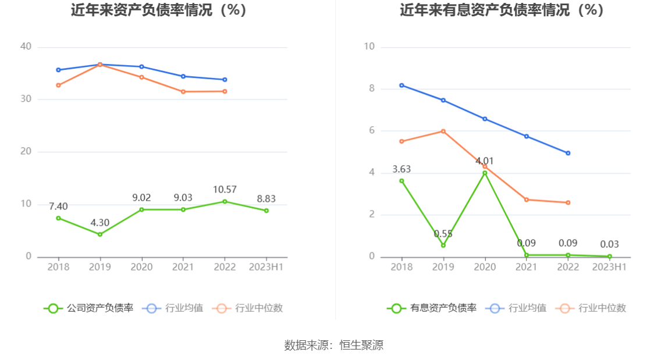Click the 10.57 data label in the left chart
(x=225, y=190)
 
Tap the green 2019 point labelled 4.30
(x=100, y=234)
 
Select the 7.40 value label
(x=58, y=206)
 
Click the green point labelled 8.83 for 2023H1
(x=267, y=211)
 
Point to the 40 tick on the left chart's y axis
(x=26, y=47)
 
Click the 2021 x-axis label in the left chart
(x=183, y=267)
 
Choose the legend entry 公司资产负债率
(x=89, y=308)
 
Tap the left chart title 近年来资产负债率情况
(x=159, y=10)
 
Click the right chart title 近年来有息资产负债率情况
(x=502, y=10)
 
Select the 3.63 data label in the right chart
(x=401, y=169)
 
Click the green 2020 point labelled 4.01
(x=485, y=173)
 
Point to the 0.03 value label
(x=610, y=244)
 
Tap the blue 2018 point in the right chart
(x=401, y=85)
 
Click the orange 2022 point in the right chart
(x=568, y=202)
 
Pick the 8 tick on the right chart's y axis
(x=369, y=89)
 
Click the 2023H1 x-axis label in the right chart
(x=609, y=267)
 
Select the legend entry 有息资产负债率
(x=432, y=308)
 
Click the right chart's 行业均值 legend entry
(x=519, y=308)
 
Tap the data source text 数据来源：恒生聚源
(x=334, y=345)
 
